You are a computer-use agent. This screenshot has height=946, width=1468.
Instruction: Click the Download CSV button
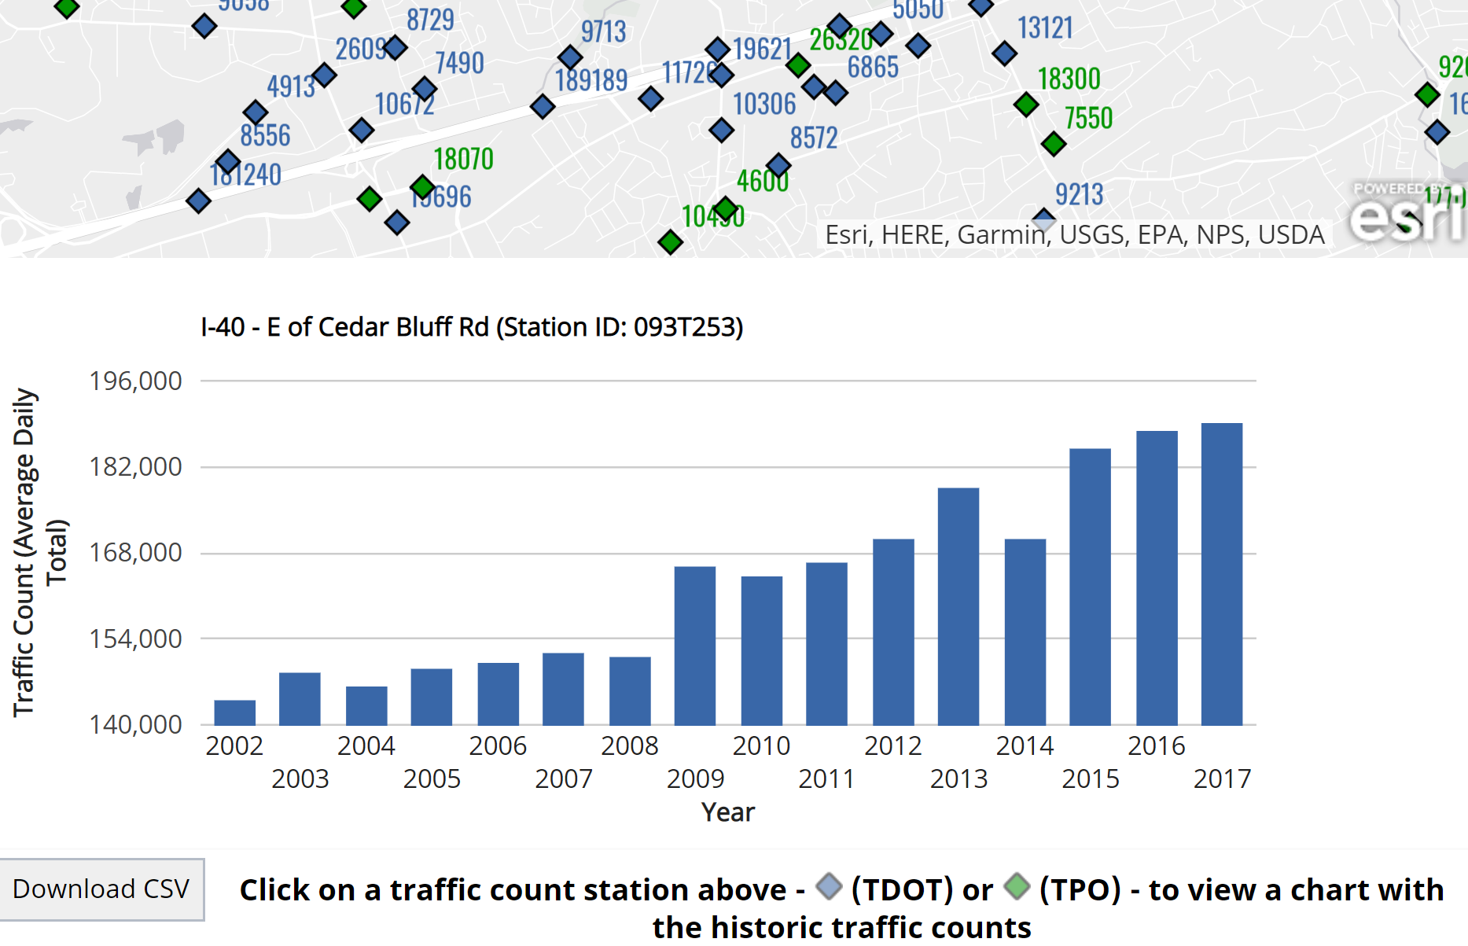tap(101, 889)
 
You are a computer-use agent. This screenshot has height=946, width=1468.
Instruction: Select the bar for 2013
tap(958, 606)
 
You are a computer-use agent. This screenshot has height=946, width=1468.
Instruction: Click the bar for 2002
tap(234, 712)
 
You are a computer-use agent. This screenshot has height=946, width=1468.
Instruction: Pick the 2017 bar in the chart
tap(1221, 574)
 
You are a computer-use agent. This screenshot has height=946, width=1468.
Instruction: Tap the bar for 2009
tap(694, 646)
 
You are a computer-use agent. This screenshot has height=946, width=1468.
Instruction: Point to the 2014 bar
tap(1025, 632)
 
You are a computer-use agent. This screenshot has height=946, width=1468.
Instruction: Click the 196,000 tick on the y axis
tap(135, 381)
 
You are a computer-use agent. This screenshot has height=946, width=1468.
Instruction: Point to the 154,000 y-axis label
tap(135, 639)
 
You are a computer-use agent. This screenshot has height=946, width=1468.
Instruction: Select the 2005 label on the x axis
tap(432, 779)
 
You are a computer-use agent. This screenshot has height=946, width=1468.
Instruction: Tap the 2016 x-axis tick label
tap(1156, 746)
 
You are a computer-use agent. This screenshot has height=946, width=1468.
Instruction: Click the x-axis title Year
tap(727, 812)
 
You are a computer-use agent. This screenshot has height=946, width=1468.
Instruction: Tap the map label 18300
tap(1069, 79)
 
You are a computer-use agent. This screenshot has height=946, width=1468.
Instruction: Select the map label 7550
tap(1088, 119)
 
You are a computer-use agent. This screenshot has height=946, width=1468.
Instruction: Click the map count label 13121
tap(1045, 28)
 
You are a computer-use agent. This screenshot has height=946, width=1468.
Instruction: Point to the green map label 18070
tap(463, 160)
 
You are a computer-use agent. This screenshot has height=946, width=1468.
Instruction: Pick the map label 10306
tap(764, 104)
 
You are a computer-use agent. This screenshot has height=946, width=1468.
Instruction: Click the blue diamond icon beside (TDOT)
tap(829, 887)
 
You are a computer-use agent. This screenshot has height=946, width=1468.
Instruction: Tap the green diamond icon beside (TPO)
tap(1017, 887)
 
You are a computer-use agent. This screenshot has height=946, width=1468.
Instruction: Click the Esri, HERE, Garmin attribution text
tap(1074, 235)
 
